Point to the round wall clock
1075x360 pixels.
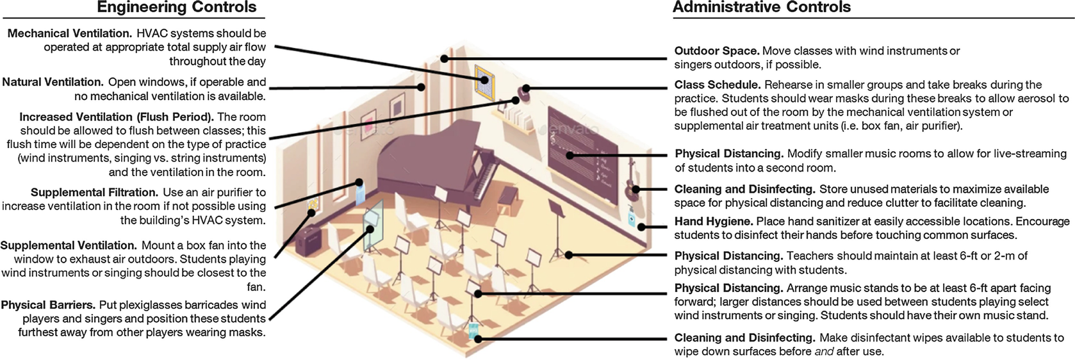point(526,91)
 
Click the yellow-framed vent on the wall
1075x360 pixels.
point(484,79)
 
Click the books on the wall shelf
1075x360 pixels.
point(517,118)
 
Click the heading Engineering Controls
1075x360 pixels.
point(177,8)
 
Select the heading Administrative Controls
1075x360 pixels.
point(761,8)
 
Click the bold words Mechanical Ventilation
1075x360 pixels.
point(69,33)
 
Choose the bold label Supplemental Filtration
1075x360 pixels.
point(94,192)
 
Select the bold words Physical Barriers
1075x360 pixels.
point(47,305)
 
